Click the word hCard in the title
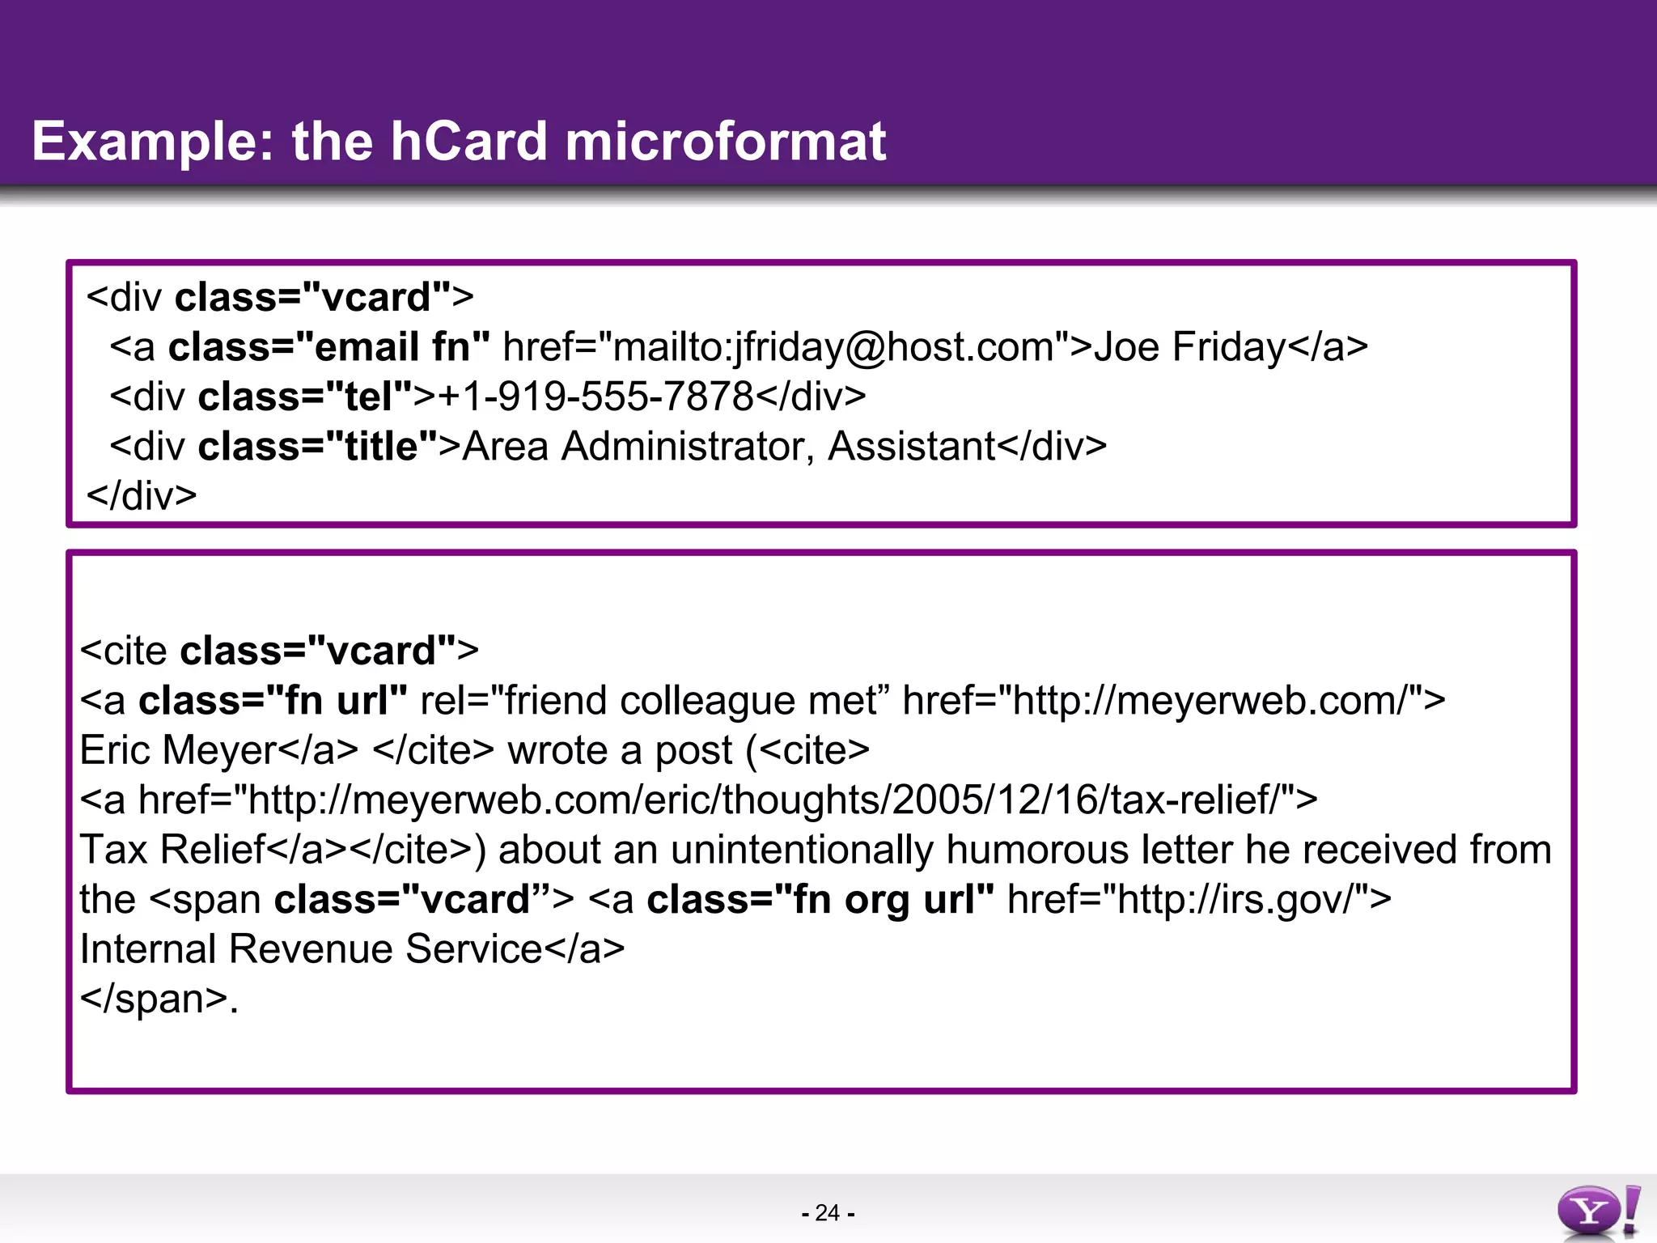coord(468,141)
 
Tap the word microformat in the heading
coord(725,141)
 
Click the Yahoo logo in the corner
coord(1597,1211)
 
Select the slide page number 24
coord(827,1212)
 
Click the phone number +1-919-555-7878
coord(595,397)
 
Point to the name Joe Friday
coord(1189,347)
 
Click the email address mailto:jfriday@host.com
coord(833,347)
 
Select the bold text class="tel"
coord(306,397)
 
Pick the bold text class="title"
coord(319,446)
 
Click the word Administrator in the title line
coord(688,446)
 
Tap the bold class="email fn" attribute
coord(328,347)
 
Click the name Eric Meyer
coord(178,750)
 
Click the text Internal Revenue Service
coord(311,949)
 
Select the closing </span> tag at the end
coord(154,999)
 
